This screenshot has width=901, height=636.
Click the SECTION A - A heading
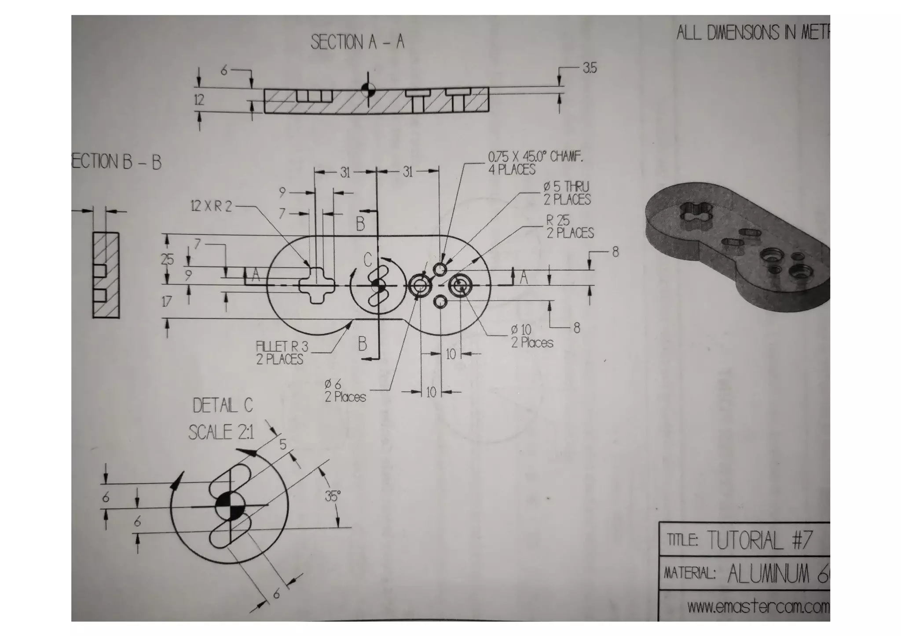(357, 42)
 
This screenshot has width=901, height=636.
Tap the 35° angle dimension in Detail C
(333, 497)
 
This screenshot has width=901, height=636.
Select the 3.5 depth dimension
(590, 68)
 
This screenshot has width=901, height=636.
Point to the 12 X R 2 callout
(211, 206)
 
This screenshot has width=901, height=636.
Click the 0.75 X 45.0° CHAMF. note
(535, 157)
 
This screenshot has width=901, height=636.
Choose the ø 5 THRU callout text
(566, 187)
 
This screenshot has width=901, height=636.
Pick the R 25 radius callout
(558, 220)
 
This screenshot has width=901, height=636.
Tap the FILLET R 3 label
(282, 347)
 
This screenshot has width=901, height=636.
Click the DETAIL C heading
(223, 405)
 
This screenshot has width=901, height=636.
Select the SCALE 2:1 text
(221, 432)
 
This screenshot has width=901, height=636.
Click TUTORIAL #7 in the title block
(759, 540)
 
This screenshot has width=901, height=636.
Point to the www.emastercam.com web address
(758, 607)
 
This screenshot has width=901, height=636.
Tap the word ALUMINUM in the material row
(768, 574)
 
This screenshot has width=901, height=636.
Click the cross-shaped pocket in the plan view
(317, 285)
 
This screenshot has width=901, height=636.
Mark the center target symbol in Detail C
(229, 506)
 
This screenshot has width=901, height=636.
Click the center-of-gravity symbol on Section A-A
(368, 90)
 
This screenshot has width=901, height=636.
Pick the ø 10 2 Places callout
(531, 336)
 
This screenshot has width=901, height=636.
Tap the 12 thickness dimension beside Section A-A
(199, 100)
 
